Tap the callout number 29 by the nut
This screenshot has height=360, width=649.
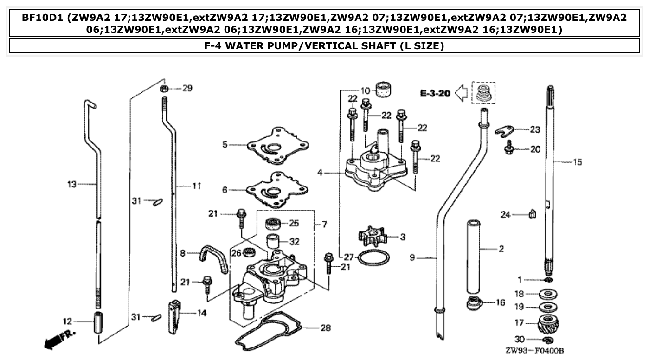(x=187, y=88)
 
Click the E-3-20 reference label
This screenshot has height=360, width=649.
(x=435, y=93)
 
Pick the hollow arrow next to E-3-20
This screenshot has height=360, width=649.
(x=460, y=93)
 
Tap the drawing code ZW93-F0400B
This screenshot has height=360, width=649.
(x=534, y=351)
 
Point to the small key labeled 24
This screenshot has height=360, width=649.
(x=533, y=214)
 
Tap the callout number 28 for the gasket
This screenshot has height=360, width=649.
(x=326, y=328)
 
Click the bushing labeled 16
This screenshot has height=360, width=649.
(x=473, y=303)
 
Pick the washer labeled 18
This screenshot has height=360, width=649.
(x=548, y=294)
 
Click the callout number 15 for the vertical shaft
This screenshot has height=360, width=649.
(x=577, y=162)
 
